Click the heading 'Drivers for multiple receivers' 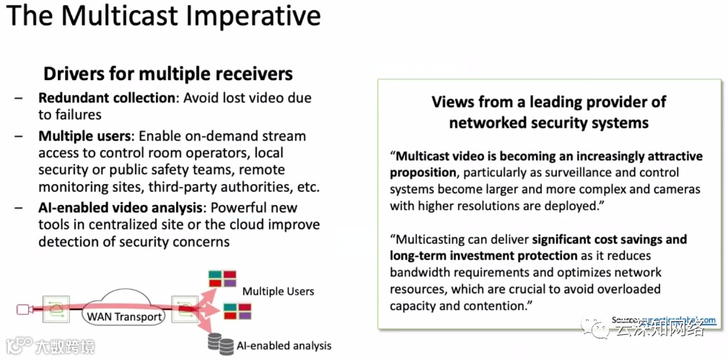pyautogui.click(x=167, y=74)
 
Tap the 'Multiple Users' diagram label pyautogui.click(x=278, y=291)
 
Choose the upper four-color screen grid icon pyautogui.click(x=222, y=277)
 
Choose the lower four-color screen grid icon pyautogui.click(x=237, y=310)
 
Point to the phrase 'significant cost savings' pyautogui.click(x=610, y=239)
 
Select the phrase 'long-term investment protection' pyautogui.click(x=484, y=255)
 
